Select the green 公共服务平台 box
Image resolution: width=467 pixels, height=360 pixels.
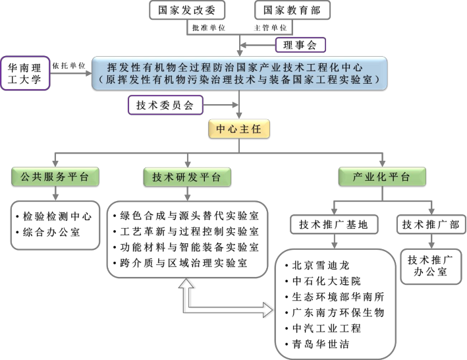tap(55, 177)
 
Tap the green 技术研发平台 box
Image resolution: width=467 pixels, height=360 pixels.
tap(187, 177)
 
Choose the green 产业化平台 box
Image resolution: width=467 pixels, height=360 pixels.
tap(382, 177)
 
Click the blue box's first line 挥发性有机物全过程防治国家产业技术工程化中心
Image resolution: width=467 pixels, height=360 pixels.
tap(238, 67)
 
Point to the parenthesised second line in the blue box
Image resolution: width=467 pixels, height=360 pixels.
tap(238, 79)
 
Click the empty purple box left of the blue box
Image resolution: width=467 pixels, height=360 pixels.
tap(26, 73)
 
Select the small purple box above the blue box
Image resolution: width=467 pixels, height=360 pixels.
tap(300, 45)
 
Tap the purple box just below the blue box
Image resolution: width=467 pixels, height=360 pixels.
tap(165, 105)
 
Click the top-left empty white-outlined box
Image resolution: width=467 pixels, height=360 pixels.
tap(188, 10)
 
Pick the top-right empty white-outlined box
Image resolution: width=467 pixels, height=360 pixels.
tap(292, 10)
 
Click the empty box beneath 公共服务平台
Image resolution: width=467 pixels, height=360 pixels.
tap(55, 225)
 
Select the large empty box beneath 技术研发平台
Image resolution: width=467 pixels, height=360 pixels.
tap(187, 239)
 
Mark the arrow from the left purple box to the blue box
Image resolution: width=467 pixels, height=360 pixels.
tap(71, 73)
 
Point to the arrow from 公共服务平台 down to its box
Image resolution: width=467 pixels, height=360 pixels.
tap(55, 193)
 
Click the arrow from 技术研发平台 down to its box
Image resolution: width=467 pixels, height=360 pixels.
tap(187, 193)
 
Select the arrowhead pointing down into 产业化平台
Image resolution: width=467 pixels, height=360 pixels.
tap(382, 163)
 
